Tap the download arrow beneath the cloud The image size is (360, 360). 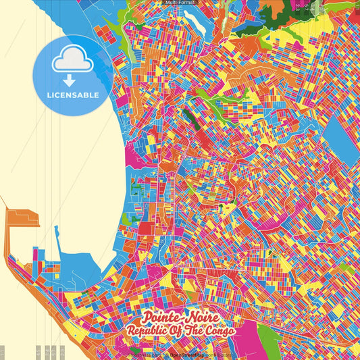pos(68,80)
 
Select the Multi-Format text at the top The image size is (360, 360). pos(180,3)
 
